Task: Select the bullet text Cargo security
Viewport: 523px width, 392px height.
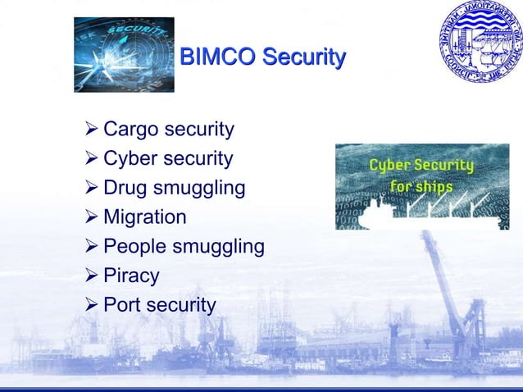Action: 169,130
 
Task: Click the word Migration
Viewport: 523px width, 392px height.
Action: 145,217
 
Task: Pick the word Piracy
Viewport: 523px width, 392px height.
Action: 131,276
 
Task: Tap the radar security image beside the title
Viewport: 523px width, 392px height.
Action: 124,54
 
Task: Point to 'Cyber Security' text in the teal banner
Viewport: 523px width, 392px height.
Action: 421,166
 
